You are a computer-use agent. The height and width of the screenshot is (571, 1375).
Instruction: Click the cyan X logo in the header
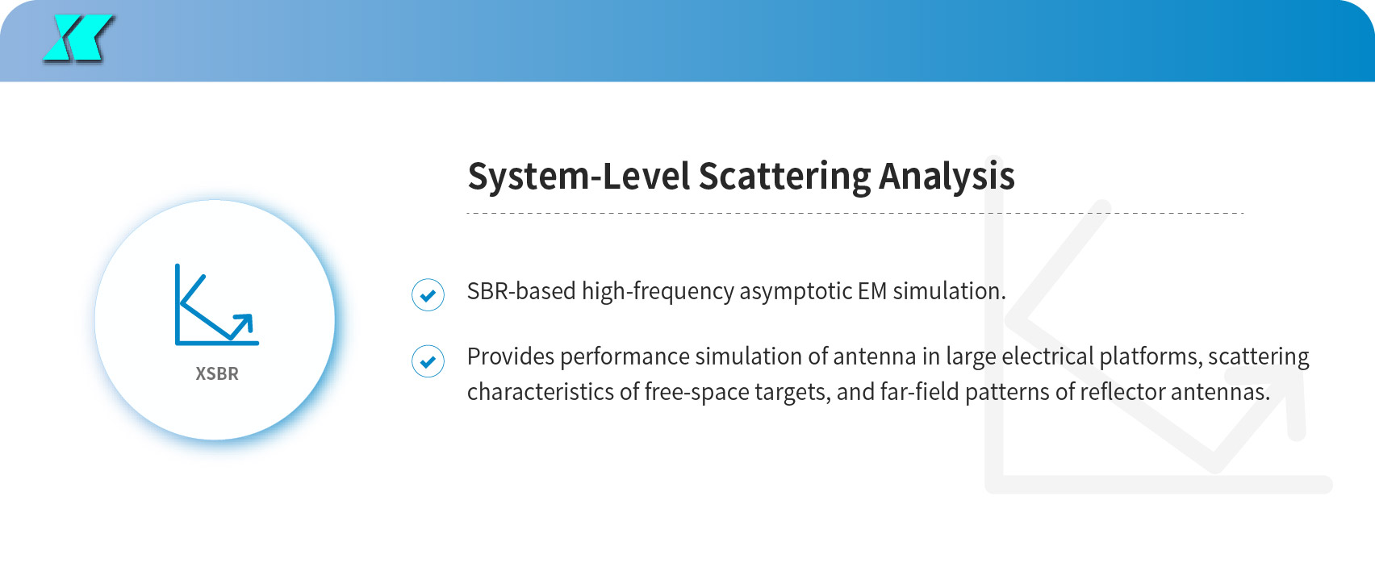78,38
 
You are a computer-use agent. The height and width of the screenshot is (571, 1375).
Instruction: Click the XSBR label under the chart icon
217,373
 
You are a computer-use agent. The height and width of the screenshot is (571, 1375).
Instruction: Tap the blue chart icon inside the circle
217,304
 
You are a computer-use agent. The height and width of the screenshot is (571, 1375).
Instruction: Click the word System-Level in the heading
579,177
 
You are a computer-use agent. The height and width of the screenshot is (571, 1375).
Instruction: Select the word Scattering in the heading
784,177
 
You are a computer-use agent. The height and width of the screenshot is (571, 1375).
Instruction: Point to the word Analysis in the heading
947,177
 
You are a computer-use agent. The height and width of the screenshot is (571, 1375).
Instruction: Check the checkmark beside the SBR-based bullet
428,295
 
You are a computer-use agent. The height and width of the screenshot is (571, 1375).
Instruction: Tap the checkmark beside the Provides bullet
428,361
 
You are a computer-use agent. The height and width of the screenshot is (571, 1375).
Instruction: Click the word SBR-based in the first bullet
521,290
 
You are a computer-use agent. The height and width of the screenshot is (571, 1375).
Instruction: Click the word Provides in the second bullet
510,356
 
